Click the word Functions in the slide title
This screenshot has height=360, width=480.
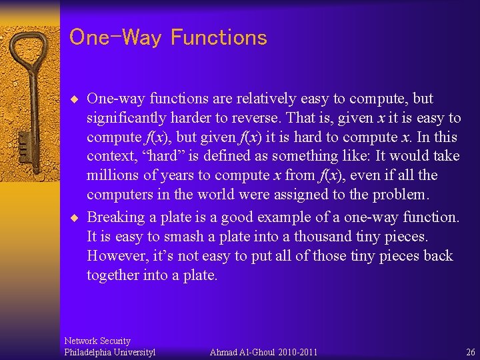[x=219, y=37]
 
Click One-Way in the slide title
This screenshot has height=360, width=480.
[x=115, y=37]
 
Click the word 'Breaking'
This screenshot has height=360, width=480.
[x=115, y=217]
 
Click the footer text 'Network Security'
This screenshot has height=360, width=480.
[x=97, y=341]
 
